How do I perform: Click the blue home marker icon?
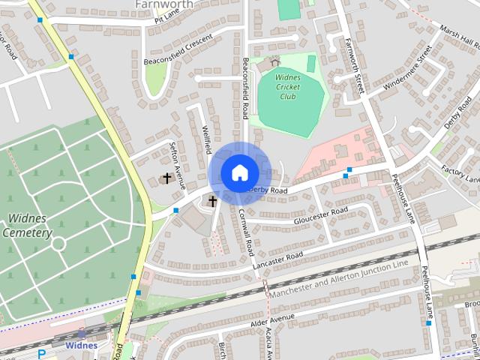click(239, 173)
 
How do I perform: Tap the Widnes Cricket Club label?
click(277, 86)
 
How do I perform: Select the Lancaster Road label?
click(277, 259)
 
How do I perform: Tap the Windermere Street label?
click(398, 73)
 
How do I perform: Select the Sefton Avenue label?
click(178, 157)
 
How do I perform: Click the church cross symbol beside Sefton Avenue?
click(166, 178)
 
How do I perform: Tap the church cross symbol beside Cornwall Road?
click(212, 201)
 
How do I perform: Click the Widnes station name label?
click(80, 346)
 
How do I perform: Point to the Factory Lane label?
click(460, 174)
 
